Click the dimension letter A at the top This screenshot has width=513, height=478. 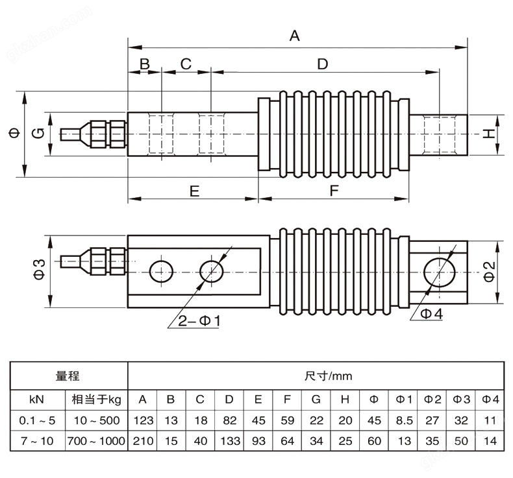pyautogui.click(x=294, y=36)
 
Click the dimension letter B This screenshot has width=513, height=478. pyautogui.click(x=144, y=64)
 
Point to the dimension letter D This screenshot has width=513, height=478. pyautogui.click(x=323, y=64)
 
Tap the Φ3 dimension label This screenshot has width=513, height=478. pyautogui.click(x=38, y=270)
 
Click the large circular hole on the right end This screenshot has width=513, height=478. pyautogui.click(x=438, y=271)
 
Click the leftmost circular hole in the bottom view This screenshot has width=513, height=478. pyautogui.click(x=160, y=271)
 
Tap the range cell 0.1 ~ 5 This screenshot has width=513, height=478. pyautogui.click(x=38, y=420)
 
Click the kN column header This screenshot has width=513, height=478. pyautogui.click(x=38, y=398)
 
